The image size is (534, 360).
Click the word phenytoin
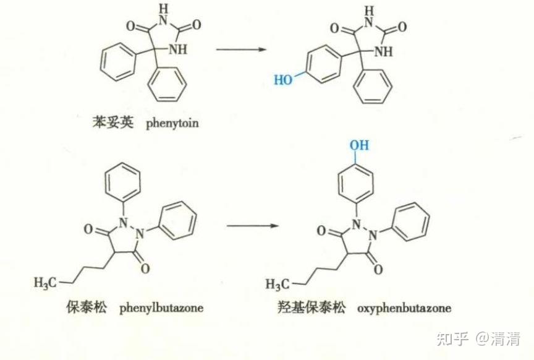pyautogui.click(x=172, y=123)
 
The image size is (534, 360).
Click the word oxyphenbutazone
pyautogui.click(x=404, y=307)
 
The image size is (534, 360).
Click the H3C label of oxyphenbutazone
pyautogui.click(x=278, y=284)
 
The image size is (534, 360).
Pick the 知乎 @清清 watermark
pyautogui.click(x=478, y=338)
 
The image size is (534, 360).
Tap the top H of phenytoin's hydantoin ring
pyautogui.click(x=163, y=9)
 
